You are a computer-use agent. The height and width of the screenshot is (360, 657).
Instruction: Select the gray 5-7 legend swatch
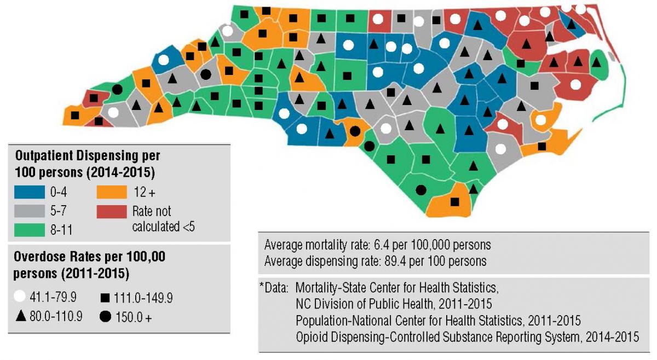click(x=29, y=211)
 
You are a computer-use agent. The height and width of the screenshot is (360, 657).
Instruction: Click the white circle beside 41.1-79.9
click(x=21, y=298)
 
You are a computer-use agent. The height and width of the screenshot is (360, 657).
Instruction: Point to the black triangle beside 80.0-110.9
click(x=21, y=316)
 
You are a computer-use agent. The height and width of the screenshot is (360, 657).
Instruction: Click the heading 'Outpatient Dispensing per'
click(x=87, y=156)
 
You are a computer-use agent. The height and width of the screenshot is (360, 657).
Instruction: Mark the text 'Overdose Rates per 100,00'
click(x=90, y=256)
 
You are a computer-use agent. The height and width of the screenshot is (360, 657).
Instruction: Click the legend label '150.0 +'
click(x=133, y=317)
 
